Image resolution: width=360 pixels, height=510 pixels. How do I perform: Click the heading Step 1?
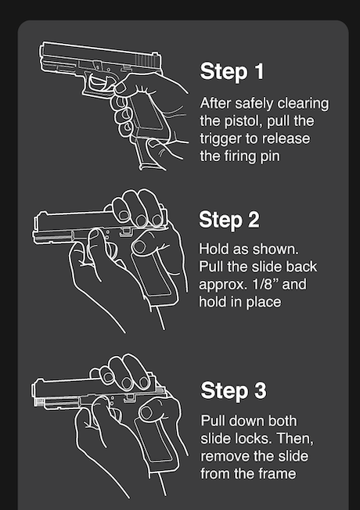coord(232,71)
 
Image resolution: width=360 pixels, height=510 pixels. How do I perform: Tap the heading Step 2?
coord(229,220)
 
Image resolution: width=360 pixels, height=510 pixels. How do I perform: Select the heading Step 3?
coord(233,390)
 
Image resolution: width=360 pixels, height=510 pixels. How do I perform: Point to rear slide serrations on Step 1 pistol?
coord(146,60)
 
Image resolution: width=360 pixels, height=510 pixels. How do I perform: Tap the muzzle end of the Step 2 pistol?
coord(35,228)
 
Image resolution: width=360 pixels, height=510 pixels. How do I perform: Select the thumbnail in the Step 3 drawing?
coord(147,412)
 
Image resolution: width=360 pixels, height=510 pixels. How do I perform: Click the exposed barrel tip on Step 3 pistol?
coord(39,402)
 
